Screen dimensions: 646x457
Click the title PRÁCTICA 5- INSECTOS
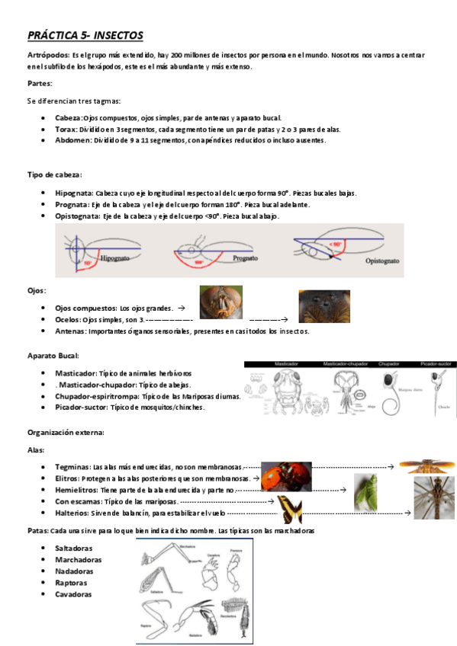coord(85,36)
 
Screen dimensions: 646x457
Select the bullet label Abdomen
coord(73,140)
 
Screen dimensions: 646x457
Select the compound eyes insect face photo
coord(220,302)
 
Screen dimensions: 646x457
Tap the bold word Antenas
coord(70,331)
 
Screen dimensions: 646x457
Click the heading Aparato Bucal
coord(53,356)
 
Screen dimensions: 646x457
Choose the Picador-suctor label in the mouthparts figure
coord(437,364)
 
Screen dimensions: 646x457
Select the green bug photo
coord(365,491)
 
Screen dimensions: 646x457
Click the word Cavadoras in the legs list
coord(73,594)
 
